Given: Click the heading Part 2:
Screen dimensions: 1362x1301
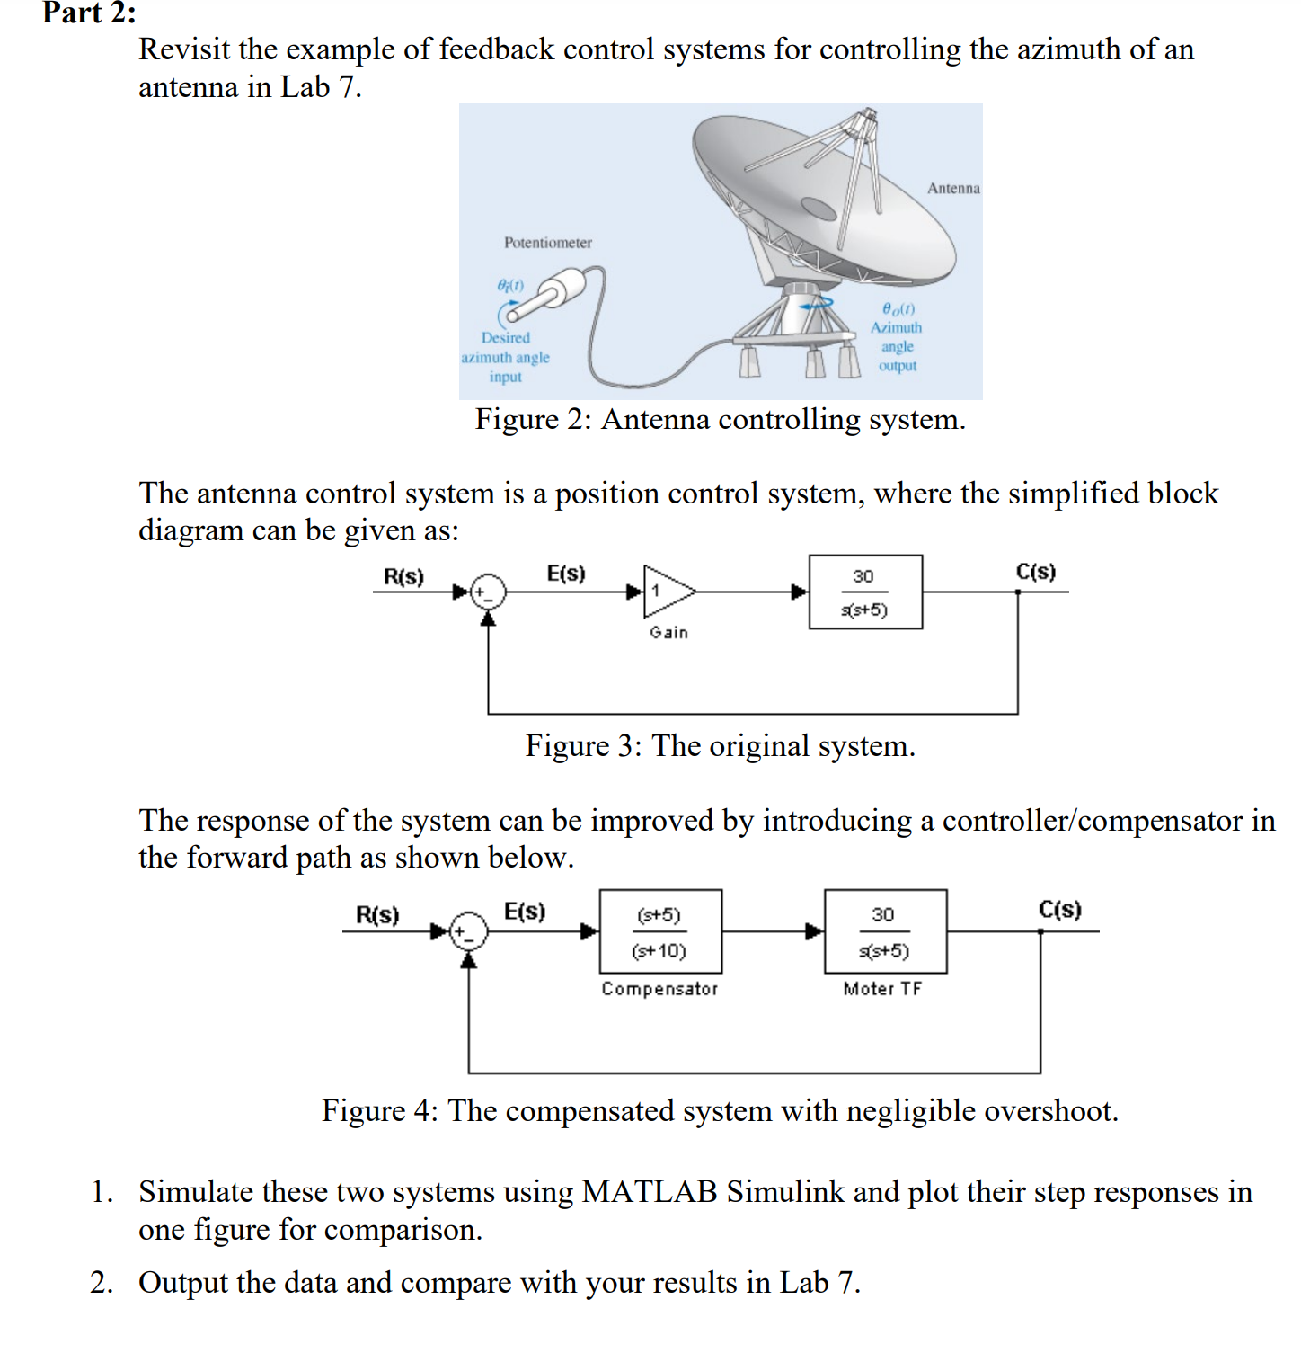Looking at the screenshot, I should pyautogui.click(x=89, y=13).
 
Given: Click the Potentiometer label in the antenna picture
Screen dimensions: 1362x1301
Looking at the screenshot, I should pyautogui.click(x=547, y=243).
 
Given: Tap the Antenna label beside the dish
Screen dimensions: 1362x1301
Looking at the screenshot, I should pyautogui.click(x=952, y=188).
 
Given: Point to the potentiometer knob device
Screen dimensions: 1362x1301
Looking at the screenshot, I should pyautogui.click(x=548, y=298).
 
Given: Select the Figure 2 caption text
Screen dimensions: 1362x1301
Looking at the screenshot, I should pyautogui.click(x=720, y=420).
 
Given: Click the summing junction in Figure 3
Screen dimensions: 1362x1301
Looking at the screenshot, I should pyautogui.click(x=489, y=592).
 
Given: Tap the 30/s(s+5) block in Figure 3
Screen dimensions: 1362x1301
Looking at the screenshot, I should pyautogui.click(x=865, y=592).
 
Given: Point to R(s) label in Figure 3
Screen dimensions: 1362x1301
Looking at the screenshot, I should pyautogui.click(x=403, y=576).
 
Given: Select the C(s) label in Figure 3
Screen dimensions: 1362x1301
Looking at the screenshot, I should pyautogui.click(x=1035, y=572).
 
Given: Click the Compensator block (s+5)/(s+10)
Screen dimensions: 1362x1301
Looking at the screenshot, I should pyautogui.click(x=660, y=931).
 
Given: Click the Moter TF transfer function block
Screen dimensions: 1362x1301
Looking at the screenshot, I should pyautogui.click(x=885, y=931).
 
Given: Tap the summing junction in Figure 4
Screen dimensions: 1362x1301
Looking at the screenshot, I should pyautogui.click(x=469, y=931).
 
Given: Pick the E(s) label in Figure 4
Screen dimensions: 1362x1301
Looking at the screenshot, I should pyautogui.click(x=524, y=912).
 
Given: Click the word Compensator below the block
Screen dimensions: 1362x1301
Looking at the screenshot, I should pyautogui.click(x=659, y=989).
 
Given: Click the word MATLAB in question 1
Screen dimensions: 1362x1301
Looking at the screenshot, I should pyautogui.click(x=650, y=1192).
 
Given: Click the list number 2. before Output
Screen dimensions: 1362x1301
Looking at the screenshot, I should pyautogui.click(x=102, y=1283).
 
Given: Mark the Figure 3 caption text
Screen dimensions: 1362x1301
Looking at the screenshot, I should pyautogui.click(x=720, y=746).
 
